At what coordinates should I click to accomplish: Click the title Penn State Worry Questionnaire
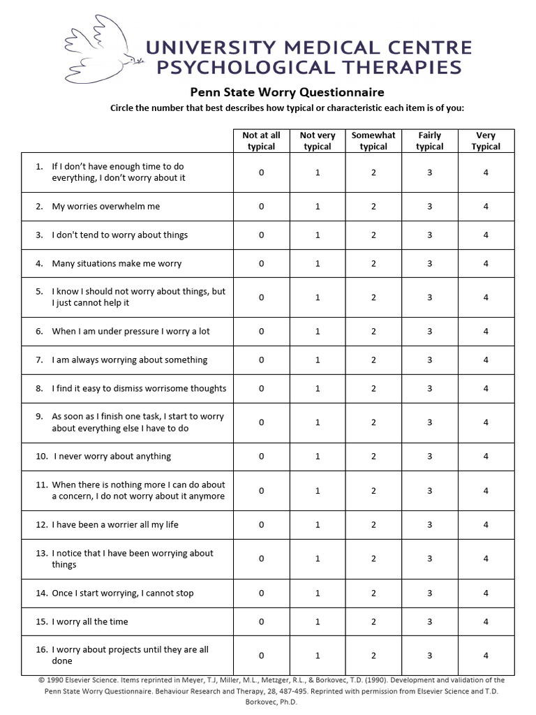tap(288, 92)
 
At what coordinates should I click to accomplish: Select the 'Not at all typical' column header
tap(261, 141)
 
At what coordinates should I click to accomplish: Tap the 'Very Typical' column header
tap(486, 141)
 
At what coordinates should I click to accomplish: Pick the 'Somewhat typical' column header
tap(373, 141)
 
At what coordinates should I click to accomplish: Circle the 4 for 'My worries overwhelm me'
tap(486, 207)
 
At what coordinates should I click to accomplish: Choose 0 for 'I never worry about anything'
tap(261, 457)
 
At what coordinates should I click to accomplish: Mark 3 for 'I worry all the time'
tap(430, 621)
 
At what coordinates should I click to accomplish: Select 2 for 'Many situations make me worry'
tap(373, 263)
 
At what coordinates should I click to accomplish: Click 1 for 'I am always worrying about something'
tap(318, 360)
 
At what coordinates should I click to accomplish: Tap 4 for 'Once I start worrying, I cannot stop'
tap(486, 594)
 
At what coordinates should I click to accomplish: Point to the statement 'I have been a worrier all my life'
tap(115, 525)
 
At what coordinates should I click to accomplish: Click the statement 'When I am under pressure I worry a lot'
tap(131, 332)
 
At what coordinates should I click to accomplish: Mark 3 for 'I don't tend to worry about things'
tap(430, 235)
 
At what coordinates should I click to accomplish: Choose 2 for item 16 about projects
tap(373, 656)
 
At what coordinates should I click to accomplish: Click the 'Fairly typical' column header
tap(430, 141)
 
